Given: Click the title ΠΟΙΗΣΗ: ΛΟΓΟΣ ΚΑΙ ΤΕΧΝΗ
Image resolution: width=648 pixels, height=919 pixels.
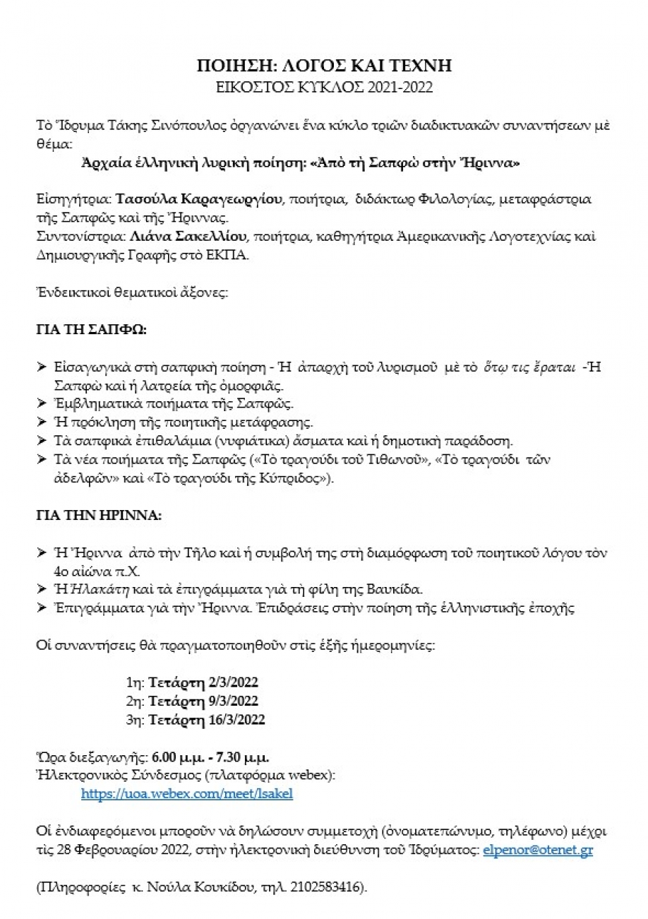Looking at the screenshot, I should (323, 66).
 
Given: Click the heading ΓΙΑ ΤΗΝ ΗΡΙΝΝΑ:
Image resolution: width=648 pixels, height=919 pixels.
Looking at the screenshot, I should (99, 515).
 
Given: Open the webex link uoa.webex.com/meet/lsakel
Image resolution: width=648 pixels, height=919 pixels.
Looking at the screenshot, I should (186, 793).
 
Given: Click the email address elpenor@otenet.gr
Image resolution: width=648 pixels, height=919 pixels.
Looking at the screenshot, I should (538, 850).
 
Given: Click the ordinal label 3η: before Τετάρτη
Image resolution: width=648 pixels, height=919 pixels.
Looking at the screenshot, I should (134, 720).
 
